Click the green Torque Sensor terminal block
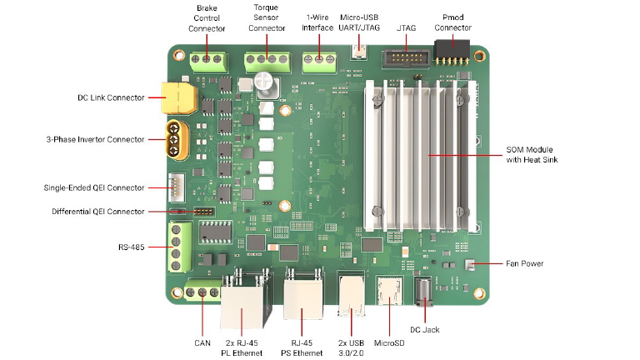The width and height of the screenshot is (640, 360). coord(266,61)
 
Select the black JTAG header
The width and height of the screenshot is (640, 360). coord(405,59)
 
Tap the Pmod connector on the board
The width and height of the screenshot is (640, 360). coord(452,56)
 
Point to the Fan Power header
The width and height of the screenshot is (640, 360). coord(468,264)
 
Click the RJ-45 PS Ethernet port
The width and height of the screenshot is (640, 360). coord(302,297)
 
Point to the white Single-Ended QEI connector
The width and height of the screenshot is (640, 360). coord(178,189)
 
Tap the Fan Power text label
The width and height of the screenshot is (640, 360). coord(525,264)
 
